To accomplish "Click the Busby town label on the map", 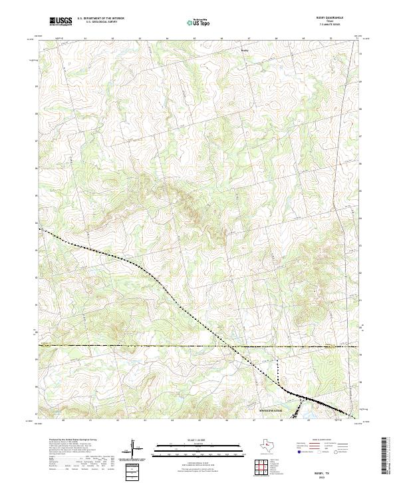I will click(244, 49).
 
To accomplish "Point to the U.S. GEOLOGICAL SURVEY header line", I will click(97, 22).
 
